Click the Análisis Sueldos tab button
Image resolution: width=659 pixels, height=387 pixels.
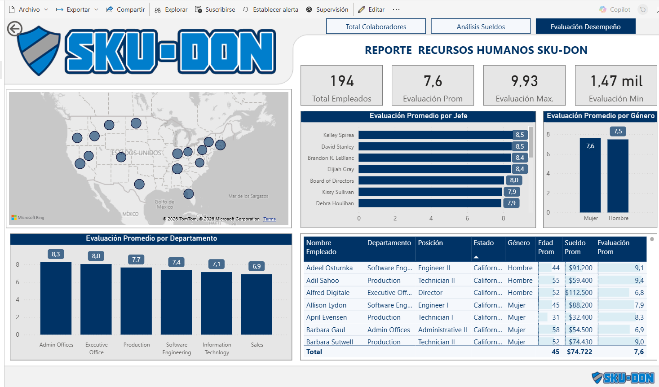(481, 26)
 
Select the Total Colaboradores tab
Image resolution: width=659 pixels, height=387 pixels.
(376, 26)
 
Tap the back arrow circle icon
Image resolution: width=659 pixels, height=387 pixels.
(15, 29)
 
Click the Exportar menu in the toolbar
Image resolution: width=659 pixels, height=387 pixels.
(77, 9)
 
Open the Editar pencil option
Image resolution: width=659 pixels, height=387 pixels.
(371, 9)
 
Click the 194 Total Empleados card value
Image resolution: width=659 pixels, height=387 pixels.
(342, 81)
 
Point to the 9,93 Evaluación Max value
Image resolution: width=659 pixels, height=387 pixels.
(524, 81)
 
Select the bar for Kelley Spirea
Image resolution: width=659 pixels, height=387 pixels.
(436, 135)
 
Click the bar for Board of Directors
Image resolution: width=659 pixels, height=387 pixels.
(431, 180)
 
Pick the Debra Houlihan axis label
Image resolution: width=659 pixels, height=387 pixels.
(335, 203)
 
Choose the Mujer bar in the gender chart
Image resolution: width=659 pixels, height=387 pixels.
(590, 175)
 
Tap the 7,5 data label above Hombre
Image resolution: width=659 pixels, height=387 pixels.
(618, 131)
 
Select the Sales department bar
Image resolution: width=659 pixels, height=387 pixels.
(257, 304)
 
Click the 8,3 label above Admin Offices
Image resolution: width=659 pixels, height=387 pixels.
(56, 254)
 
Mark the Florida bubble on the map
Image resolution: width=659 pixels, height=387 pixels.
(189, 194)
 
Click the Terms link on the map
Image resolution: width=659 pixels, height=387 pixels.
(270, 219)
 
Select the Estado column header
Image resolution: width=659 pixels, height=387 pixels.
(483, 243)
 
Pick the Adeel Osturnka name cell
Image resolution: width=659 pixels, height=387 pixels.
(329, 268)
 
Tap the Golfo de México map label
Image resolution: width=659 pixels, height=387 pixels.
(164, 204)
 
